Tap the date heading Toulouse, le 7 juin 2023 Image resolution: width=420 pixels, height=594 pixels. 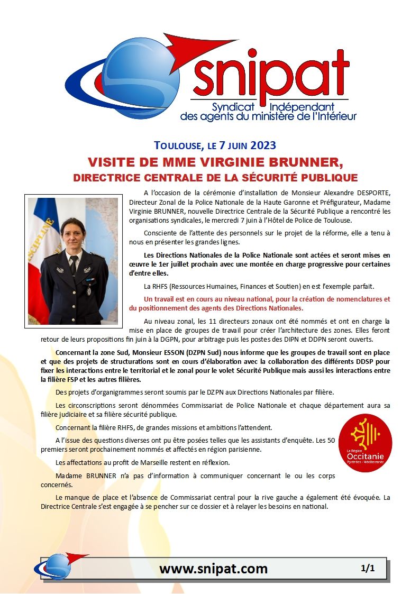click(215, 145)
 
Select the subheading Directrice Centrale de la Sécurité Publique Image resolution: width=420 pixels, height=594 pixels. click(215, 177)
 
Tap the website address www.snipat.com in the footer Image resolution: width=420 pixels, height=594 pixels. click(213, 569)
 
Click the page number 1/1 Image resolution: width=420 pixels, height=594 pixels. click(368, 569)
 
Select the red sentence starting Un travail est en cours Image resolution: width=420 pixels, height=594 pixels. click(259, 303)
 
